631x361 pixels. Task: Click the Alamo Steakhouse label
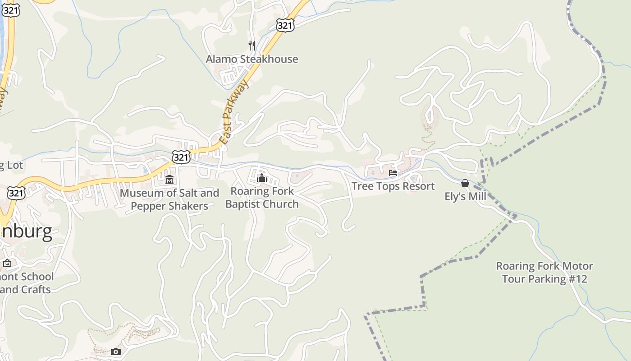point(252,59)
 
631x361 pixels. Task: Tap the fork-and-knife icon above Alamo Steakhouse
point(252,45)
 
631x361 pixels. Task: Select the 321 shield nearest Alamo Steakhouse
point(285,25)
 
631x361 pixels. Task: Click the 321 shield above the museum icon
point(181,157)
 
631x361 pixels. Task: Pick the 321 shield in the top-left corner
point(10,10)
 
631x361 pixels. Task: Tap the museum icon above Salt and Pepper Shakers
point(169,180)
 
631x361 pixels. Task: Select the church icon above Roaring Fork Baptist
point(262,178)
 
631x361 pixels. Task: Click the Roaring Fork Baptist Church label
point(262,198)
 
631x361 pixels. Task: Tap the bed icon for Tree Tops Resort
point(393,172)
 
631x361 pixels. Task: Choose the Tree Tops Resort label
point(393,186)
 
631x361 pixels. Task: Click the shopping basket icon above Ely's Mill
point(465,183)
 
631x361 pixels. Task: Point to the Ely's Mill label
point(466,196)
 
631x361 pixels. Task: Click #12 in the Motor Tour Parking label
point(577,279)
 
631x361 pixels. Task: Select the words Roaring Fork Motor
point(544,266)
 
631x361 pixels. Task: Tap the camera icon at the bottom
point(116,352)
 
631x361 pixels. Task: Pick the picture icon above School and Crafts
point(7,263)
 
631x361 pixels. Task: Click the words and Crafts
point(26,289)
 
